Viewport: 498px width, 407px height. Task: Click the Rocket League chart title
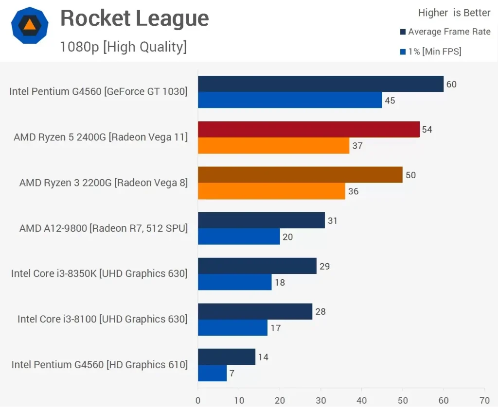click(x=134, y=19)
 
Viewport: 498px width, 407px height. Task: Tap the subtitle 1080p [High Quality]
click(x=123, y=47)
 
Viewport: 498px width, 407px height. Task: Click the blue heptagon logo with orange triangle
click(x=30, y=25)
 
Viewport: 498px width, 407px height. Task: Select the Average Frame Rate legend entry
click(x=449, y=32)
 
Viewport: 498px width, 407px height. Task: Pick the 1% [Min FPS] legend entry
click(x=434, y=51)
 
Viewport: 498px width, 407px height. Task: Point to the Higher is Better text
click(x=454, y=13)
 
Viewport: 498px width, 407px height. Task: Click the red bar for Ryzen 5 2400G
click(x=308, y=129)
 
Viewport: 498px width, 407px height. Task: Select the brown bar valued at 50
click(x=300, y=175)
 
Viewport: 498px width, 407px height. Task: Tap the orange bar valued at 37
click(x=273, y=146)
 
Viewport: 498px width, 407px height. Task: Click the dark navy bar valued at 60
click(x=320, y=84)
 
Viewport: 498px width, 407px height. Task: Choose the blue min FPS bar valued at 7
click(x=212, y=373)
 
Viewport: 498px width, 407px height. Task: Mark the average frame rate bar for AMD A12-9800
click(x=261, y=220)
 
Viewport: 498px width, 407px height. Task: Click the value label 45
click(x=390, y=101)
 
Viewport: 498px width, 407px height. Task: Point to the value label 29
click(x=324, y=266)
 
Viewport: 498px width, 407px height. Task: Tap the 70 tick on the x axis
click(x=484, y=401)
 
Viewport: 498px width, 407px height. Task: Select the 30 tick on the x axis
click(x=320, y=401)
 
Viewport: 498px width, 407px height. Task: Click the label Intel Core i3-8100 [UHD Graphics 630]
click(x=102, y=319)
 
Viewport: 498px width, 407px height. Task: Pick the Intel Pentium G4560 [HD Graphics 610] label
click(x=99, y=365)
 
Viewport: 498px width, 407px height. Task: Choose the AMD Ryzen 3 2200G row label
click(x=103, y=183)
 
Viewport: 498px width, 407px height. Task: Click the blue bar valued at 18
click(x=234, y=282)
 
